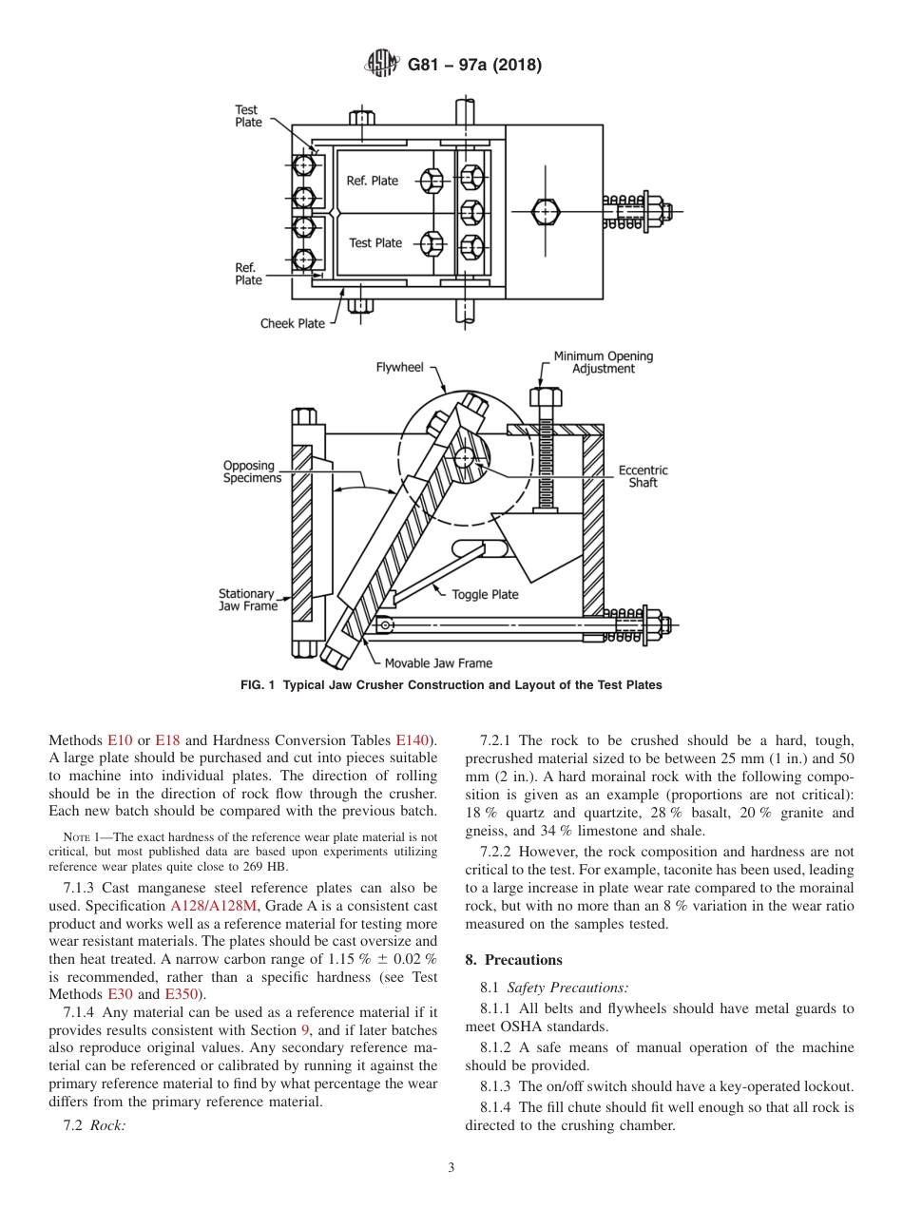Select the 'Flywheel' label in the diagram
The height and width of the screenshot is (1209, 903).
(x=399, y=366)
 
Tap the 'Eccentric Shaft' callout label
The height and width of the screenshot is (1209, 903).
(x=643, y=476)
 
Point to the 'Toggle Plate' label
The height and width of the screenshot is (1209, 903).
(x=485, y=595)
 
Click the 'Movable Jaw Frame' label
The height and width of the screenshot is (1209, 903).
(x=438, y=662)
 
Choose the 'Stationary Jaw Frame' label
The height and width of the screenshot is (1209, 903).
(x=247, y=600)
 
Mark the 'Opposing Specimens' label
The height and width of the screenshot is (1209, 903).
(x=252, y=472)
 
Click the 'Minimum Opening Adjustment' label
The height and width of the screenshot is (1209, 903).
(x=604, y=362)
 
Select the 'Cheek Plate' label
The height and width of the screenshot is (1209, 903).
(x=293, y=323)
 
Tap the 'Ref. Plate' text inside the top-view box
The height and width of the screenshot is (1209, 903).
(x=372, y=181)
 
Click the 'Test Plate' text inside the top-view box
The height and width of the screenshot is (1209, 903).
(x=375, y=243)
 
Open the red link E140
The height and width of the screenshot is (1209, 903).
(x=413, y=739)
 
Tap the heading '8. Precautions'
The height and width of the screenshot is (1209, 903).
(x=513, y=960)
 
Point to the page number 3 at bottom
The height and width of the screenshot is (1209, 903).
(x=451, y=1168)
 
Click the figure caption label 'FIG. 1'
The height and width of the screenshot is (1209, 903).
(x=259, y=685)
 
